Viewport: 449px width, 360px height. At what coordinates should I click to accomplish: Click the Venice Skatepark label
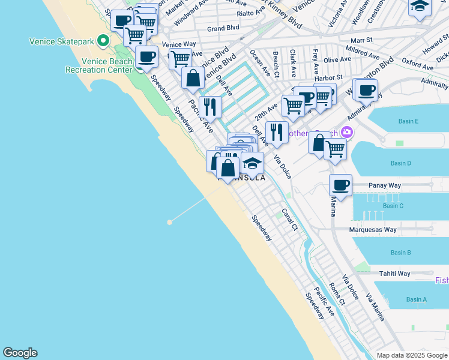click(62, 41)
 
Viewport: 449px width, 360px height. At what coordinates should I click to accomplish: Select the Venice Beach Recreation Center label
click(99, 65)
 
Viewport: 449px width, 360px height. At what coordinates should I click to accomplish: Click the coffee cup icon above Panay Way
click(340, 185)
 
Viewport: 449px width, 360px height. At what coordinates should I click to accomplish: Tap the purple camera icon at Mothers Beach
click(346, 132)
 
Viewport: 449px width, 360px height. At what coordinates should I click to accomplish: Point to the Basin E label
click(409, 121)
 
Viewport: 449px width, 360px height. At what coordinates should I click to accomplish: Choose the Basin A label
click(417, 299)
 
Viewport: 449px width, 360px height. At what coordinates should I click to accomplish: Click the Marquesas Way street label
click(373, 230)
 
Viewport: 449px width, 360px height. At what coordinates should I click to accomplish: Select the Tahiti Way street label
click(394, 274)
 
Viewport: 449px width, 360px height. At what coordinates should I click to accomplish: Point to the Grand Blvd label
click(223, 28)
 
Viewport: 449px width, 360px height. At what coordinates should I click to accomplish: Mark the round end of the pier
click(170, 222)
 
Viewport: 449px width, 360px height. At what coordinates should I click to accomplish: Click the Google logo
click(20, 353)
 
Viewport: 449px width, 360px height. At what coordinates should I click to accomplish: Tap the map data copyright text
click(412, 355)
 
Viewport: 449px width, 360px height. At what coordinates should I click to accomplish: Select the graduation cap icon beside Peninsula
click(253, 163)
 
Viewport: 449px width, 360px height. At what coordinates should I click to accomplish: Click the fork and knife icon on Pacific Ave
click(210, 107)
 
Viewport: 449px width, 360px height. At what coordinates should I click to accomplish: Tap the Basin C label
click(393, 206)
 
